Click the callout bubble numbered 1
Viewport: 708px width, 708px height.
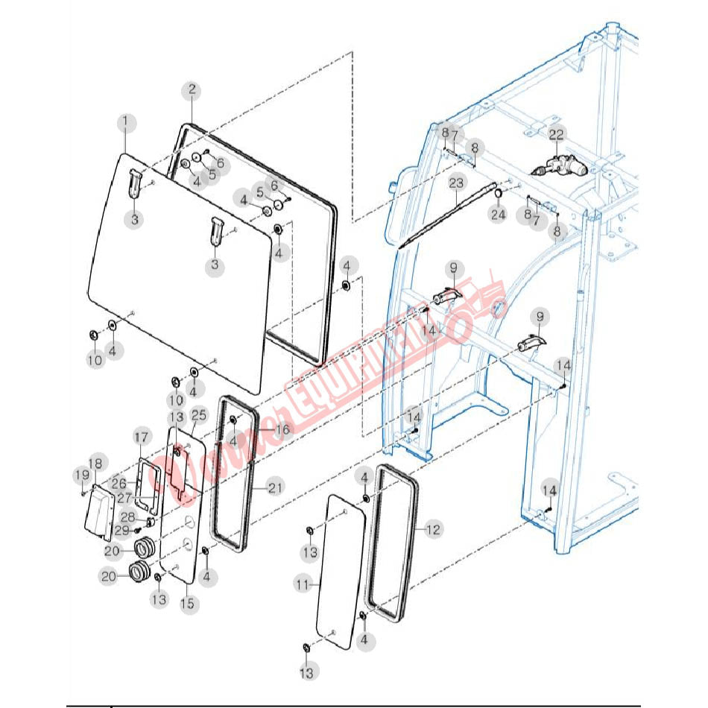125,121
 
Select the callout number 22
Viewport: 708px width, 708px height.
557,134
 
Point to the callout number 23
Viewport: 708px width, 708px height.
456,182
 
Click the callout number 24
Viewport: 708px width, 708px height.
498,215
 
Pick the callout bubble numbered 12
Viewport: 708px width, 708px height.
433,529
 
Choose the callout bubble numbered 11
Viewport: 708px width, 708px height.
302,586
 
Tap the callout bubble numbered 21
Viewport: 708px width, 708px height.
276,487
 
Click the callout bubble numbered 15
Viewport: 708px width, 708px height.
187,603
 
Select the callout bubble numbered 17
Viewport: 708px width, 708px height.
142,436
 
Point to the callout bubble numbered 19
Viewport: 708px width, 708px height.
81,475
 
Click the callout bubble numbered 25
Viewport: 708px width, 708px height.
199,414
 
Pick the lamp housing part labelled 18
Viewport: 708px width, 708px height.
97,514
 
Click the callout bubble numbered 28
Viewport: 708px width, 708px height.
128,517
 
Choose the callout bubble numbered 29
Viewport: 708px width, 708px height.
122,530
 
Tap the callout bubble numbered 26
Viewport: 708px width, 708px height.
119,483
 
